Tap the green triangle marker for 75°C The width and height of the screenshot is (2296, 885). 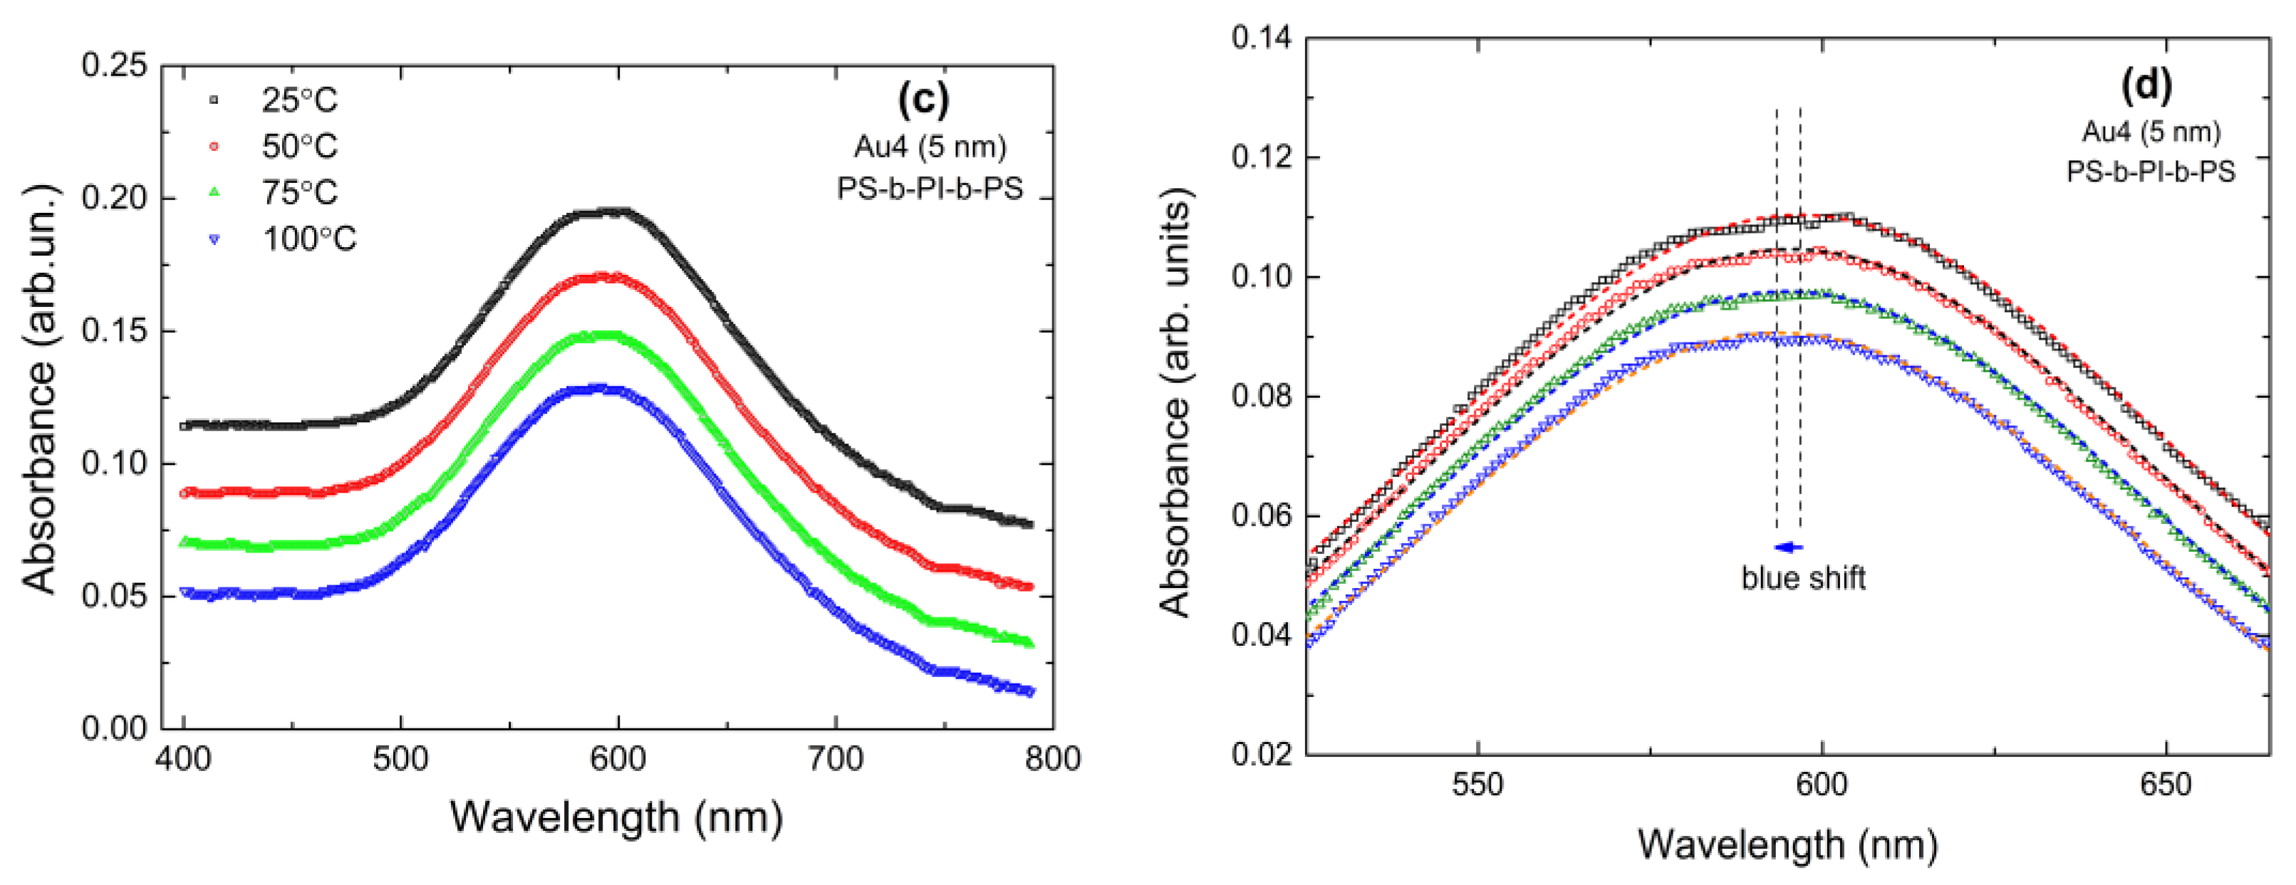214,192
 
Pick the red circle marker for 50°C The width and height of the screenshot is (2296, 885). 214,145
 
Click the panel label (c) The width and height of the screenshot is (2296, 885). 923,99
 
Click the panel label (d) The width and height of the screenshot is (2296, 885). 2146,84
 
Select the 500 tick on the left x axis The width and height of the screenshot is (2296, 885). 400,760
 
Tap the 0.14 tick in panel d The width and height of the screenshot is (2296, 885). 1261,38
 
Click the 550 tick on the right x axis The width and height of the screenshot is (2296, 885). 1477,785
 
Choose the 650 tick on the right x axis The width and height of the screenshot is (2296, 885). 2166,785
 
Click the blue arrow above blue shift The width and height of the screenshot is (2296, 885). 1788,548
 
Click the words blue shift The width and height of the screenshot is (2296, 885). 1803,578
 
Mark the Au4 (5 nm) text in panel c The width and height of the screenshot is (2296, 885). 930,146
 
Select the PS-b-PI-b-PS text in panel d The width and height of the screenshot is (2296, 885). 2151,171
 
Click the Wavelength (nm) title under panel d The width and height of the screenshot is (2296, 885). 1787,843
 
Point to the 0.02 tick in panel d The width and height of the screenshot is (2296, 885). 1261,754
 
